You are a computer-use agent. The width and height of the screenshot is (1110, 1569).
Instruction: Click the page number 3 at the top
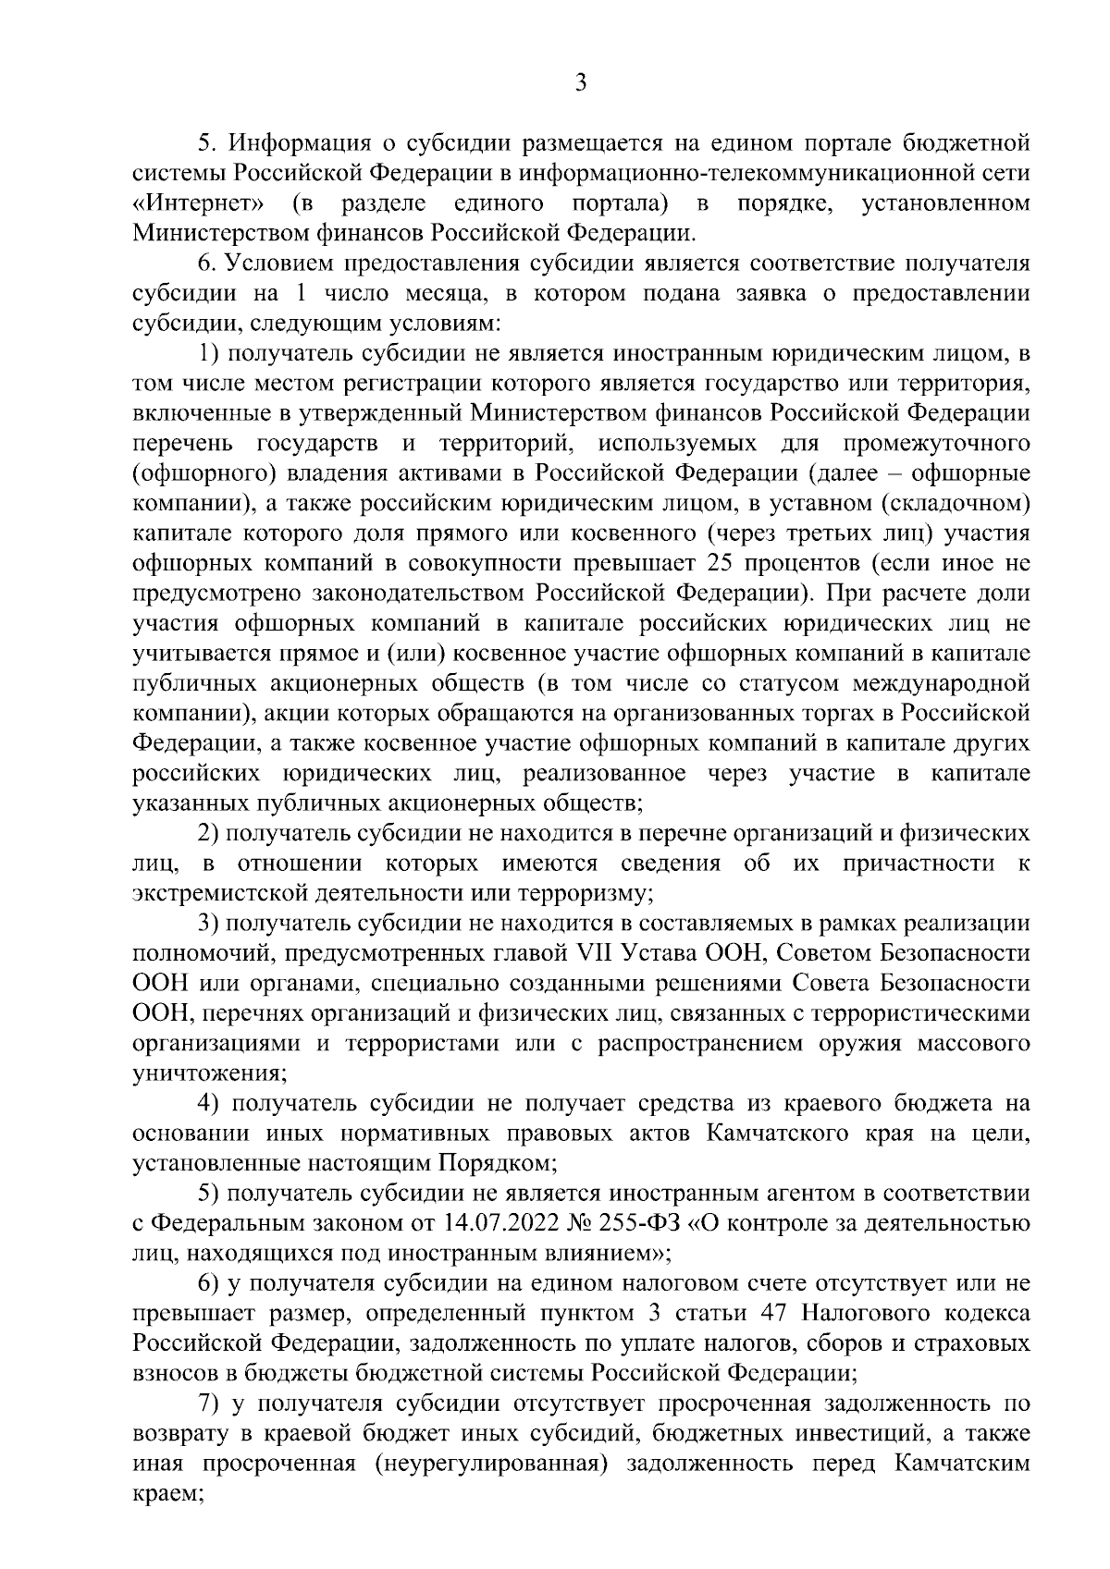click(x=580, y=82)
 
